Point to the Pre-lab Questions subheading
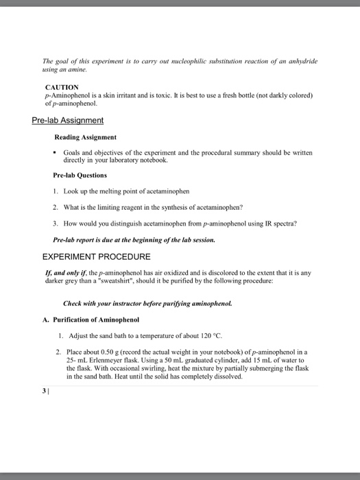[80, 175]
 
